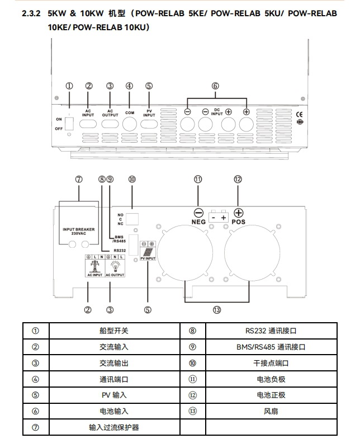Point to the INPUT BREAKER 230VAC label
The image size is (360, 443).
coord(79,231)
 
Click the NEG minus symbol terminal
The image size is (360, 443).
coord(198,213)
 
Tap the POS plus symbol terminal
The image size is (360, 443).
coord(238,213)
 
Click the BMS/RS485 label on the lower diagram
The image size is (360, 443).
coord(118,239)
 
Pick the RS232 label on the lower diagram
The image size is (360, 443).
coord(119,251)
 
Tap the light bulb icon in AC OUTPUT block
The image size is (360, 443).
coord(115,262)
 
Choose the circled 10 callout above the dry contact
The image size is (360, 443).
coord(132,180)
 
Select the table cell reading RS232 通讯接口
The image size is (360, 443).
coord(271,331)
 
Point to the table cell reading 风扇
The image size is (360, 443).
coord(271,411)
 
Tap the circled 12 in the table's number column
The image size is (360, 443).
coord(192,395)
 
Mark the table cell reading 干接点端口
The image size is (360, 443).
coord(271,363)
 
